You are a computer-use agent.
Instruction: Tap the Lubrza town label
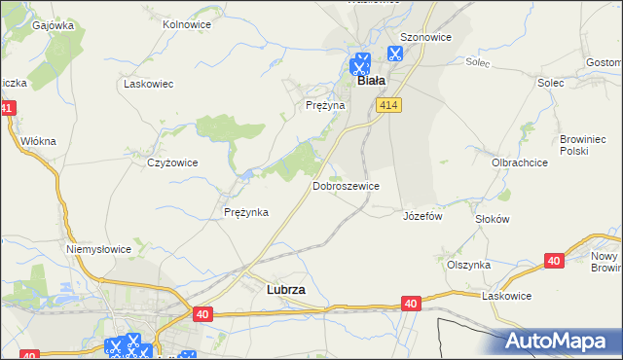click(286, 289)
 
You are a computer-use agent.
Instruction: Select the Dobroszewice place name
click(346, 185)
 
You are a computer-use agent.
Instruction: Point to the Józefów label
click(422, 216)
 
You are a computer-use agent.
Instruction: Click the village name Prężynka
click(245, 212)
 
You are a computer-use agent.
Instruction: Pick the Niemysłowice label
click(98, 249)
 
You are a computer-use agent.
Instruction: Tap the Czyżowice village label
click(172, 162)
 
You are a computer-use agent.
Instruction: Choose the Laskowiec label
click(148, 84)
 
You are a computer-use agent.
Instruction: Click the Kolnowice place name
click(188, 23)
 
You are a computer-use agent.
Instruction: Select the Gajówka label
click(54, 26)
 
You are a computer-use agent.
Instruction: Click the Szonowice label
click(427, 37)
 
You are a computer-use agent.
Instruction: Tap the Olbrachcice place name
click(519, 162)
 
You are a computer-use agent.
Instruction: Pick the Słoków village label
click(493, 219)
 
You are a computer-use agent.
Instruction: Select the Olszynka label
click(468, 264)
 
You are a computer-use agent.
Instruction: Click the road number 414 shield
click(390, 105)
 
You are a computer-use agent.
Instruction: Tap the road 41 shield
click(8, 108)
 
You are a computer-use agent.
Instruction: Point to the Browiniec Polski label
click(583, 146)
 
